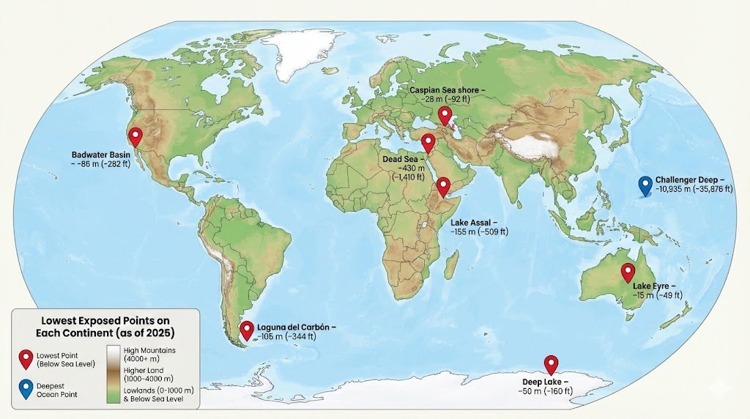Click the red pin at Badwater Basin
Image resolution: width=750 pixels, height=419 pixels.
[134, 136]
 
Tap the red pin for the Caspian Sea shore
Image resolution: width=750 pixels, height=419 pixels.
[444, 114]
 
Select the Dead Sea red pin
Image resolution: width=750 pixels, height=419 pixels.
[428, 141]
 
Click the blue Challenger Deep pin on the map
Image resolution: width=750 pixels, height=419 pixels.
[645, 185]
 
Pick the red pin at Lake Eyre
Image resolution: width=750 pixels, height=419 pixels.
[628, 272]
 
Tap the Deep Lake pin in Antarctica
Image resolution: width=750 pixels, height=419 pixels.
[551, 363]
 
